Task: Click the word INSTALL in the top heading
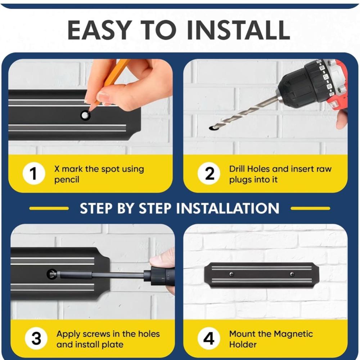pos(239,30)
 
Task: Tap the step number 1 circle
pos(34,174)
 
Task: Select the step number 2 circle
pos(209,174)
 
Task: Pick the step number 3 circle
pos(36,338)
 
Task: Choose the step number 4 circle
pos(209,338)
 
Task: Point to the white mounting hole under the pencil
pos(85,115)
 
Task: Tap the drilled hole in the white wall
pos(214,128)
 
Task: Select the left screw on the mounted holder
pos(231,274)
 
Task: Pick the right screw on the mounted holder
pos(292,274)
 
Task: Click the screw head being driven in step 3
pos(52,274)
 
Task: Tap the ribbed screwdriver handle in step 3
pos(159,275)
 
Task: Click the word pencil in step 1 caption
pos(67,180)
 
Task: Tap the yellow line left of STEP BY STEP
pos(49,208)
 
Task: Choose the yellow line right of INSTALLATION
pos(310,208)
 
